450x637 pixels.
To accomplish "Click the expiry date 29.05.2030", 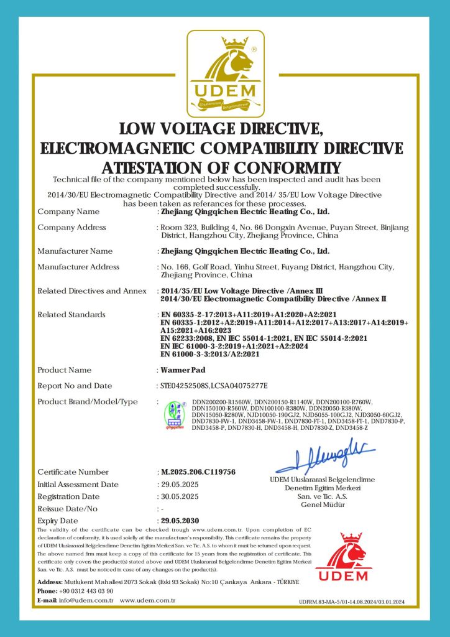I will pyautogui.click(x=181, y=521).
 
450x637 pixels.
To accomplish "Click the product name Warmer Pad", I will pyautogui.click(x=179, y=370).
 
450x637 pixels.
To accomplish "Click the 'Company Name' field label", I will pyautogui.click(x=68, y=212).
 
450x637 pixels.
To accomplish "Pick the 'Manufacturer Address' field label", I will pyautogui.click(x=78, y=267).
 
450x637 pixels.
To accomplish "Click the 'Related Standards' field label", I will pyautogui.click(x=71, y=315).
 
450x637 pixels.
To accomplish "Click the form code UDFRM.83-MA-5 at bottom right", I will pyautogui.click(x=351, y=602).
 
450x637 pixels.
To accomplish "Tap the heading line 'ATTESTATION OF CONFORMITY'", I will pyautogui.click(x=221, y=168).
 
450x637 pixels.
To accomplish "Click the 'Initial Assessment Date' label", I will pyautogui.click(x=78, y=485).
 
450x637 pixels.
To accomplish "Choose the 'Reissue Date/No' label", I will pyautogui.click(x=68, y=509).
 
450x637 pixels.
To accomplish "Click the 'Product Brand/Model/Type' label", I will pyautogui.click(x=88, y=402).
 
